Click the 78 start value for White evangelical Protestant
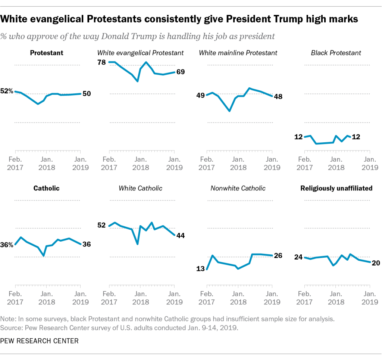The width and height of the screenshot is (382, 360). click(x=101, y=62)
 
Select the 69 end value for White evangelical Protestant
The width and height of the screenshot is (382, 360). click(x=181, y=72)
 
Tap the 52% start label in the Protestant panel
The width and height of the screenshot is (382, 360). click(x=7, y=91)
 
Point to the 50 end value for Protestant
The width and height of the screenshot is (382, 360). click(x=87, y=94)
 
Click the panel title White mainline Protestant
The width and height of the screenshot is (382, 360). click(x=238, y=53)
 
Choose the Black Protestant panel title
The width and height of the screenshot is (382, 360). click(x=336, y=53)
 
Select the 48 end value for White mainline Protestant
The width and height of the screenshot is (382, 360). click(x=278, y=96)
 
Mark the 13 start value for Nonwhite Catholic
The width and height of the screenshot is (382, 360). click(x=201, y=269)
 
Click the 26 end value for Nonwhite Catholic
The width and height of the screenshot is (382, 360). click(x=278, y=256)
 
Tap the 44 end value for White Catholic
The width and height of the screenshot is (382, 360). click(x=181, y=235)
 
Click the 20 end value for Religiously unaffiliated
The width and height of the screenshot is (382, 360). click(x=376, y=263)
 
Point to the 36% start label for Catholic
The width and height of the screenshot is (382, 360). click(x=7, y=245)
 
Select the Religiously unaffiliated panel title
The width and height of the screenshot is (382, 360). click(x=336, y=188)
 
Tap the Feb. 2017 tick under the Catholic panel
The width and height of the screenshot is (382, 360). click(x=15, y=298)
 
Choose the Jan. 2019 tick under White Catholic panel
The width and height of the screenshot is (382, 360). click(x=174, y=298)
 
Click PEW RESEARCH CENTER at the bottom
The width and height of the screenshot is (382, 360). click(x=39, y=341)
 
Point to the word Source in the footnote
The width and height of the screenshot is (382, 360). click(x=11, y=328)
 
